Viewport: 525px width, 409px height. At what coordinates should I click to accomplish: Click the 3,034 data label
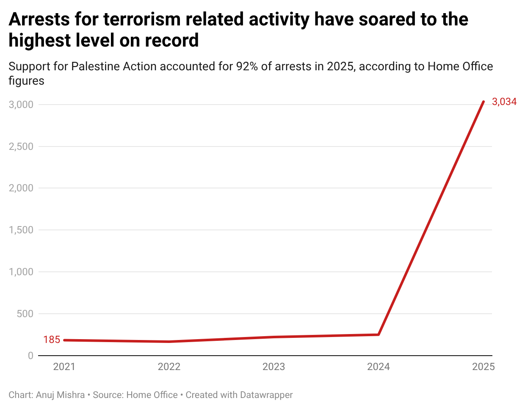point(504,102)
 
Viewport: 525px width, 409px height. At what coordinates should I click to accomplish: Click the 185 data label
point(52,340)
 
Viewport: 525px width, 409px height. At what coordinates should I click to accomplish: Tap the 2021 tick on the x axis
point(64,367)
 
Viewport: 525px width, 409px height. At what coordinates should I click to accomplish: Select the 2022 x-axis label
point(169,367)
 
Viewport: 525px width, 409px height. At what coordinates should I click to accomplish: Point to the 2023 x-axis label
point(274,367)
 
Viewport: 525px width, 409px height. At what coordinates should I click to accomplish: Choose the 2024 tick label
point(379,367)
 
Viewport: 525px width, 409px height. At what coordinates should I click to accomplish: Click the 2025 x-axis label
point(483,367)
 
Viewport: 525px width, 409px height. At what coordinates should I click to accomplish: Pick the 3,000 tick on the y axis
point(21,105)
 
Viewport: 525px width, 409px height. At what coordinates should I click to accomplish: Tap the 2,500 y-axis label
point(21,146)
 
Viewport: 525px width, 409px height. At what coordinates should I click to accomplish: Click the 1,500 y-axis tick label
point(21,230)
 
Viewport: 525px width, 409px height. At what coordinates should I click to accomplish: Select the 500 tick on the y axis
point(25,314)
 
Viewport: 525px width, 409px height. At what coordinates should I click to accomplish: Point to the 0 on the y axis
point(30,356)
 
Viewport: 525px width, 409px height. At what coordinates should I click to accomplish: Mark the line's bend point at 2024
point(379,334)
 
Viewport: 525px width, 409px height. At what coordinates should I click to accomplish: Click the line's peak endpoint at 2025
point(484,102)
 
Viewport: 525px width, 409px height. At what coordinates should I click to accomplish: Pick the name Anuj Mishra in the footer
point(60,395)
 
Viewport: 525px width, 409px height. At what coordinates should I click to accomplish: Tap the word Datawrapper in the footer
point(266,395)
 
